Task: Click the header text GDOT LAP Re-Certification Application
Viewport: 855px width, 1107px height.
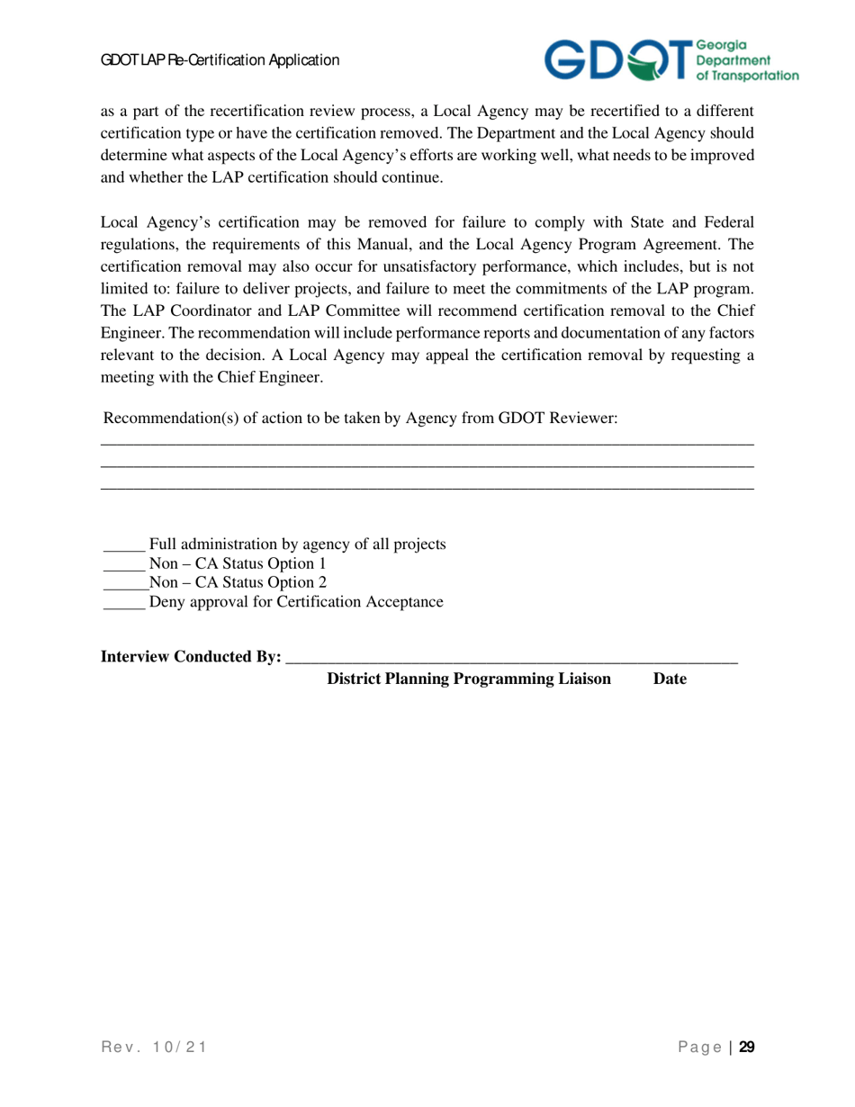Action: [220, 60]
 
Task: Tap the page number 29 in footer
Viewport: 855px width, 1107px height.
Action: [746, 1047]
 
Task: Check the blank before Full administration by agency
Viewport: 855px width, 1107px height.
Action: [123, 546]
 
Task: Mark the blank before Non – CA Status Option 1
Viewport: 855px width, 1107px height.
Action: [123, 566]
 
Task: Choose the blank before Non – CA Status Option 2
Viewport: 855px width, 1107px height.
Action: [123, 585]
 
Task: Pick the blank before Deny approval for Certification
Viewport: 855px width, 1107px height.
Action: [123, 604]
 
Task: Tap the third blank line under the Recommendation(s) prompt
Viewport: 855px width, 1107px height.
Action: [427, 489]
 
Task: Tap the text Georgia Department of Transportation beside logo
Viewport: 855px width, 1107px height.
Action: [746, 60]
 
